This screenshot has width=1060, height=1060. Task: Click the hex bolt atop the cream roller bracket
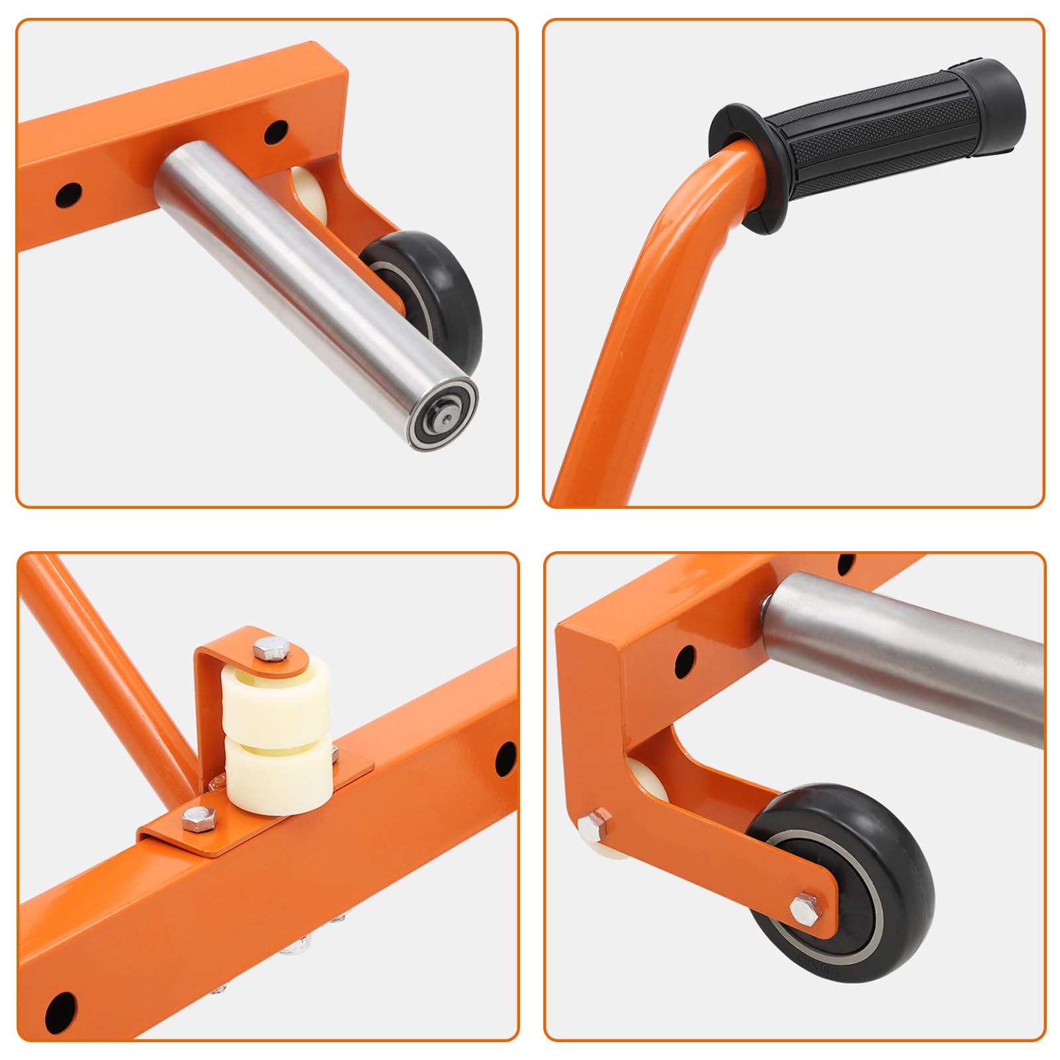click(270, 648)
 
